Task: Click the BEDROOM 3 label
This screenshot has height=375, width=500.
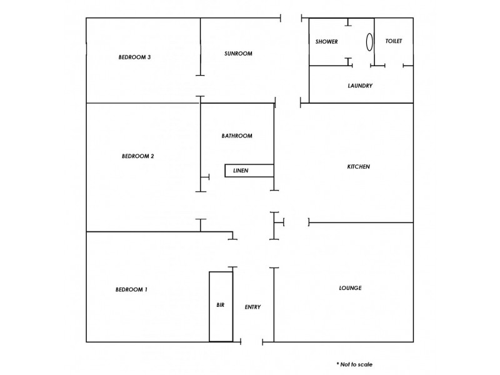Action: [135, 57]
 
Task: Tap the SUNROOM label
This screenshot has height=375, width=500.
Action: [238, 54]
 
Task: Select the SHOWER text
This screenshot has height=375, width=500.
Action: [327, 42]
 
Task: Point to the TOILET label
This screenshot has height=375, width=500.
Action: [394, 41]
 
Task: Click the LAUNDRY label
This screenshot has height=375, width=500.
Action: [360, 86]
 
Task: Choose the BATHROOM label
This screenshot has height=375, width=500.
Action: [237, 136]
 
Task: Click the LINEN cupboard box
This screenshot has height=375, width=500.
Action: [249, 171]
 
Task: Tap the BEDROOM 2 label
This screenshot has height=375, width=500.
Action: [137, 156]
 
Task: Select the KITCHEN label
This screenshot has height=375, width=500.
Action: [359, 167]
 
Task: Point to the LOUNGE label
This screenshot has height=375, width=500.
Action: [350, 288]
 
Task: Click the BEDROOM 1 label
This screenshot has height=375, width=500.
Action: [132, 289]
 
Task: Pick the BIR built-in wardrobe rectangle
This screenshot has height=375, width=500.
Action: [221, 306]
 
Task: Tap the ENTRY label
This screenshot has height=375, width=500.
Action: [252, 307]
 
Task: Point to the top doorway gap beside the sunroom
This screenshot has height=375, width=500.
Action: [292, 18]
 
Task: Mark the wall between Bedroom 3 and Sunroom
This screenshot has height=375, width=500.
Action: [200, 47]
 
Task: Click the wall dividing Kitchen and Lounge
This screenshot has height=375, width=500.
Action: [361, 222]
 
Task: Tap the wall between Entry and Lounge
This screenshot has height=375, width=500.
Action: [273, 304]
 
